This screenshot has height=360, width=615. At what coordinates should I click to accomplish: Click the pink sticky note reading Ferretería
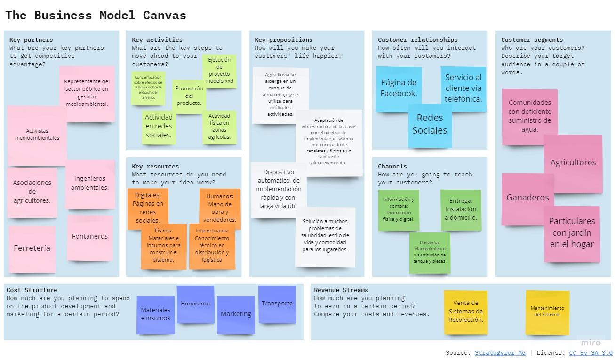point(32,248)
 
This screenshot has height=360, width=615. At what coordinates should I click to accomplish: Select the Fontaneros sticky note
point(90,237)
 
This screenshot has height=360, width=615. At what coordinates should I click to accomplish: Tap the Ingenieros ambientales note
point(90,183)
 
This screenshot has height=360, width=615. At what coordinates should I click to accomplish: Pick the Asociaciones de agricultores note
point(32,192)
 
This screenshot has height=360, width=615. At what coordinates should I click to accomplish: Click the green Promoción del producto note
point(189,96)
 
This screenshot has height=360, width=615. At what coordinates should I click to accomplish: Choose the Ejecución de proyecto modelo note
point(219,71)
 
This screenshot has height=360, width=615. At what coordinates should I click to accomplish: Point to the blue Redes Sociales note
point(430,125)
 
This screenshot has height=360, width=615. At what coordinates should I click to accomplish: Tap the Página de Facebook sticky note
point(399,88)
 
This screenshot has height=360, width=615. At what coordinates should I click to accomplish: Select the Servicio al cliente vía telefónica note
point(463,88)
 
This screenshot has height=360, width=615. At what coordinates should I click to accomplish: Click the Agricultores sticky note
point(573,163)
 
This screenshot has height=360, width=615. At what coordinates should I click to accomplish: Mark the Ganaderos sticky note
point(527,198)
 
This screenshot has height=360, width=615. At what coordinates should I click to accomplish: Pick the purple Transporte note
point(277,304)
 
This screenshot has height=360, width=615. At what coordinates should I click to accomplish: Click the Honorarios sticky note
point(195,304)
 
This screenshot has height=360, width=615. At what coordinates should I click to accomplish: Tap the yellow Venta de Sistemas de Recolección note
point(465,312)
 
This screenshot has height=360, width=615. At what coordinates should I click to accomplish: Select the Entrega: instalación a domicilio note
point(461,209)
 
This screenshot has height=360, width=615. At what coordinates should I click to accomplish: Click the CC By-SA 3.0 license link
point(591,353)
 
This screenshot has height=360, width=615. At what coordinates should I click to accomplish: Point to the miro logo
point(591,343)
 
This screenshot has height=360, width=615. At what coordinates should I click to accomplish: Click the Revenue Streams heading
point(341,290)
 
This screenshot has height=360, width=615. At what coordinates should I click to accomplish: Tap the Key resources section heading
point(155,167)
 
